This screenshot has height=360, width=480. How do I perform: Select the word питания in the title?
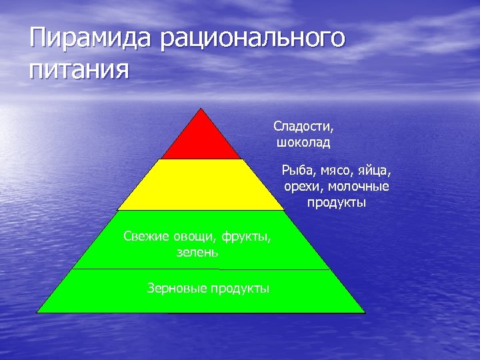point(78,69)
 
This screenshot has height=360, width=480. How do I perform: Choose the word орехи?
point(301,186)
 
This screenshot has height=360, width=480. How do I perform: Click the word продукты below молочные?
point(337,201)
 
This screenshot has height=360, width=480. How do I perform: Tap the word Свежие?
point(147,236)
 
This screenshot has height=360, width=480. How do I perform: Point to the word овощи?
point(193,236)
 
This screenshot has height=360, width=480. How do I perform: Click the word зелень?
point(196,253)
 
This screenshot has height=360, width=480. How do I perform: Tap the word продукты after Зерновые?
point(240,288)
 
